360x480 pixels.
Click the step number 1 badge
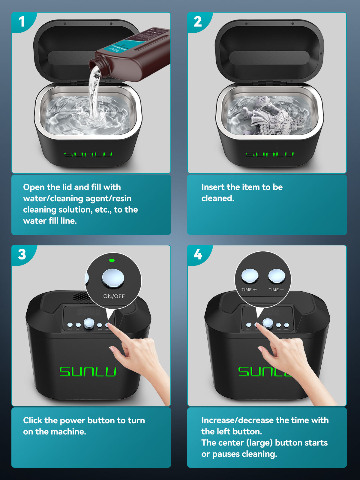pyautogui.click(x=22, y=22)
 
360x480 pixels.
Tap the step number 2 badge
pyautogui.click(x=197, y=22)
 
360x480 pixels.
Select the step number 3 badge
pyautogui.click(x=22, y=254)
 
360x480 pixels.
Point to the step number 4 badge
pyautogui.click(x=198, y=254)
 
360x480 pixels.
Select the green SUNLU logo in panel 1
pyautogui.click(x=88, y=154)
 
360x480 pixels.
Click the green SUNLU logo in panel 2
pyautogui.click(x=269, y=154)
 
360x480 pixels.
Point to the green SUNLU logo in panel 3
pyautogui.click(x=88, y=372)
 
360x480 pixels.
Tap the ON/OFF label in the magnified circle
pyautogui.click(x=114, y=296)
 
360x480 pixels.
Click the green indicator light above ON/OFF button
pyautogui.click(x=112, y=260)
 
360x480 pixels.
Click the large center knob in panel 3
pyautogui.click(x=89, y=323)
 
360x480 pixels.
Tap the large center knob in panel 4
pyautogui.click(x=268, y=323)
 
